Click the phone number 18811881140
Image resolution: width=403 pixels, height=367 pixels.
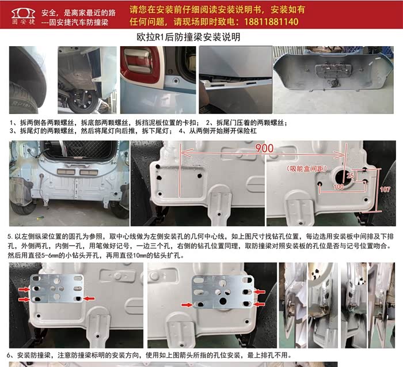pos(271,21)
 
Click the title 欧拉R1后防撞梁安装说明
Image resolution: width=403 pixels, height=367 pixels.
pos(188,37)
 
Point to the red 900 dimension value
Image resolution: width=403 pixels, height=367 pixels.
pos(264,149)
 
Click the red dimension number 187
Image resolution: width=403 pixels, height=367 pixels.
pos(385,190)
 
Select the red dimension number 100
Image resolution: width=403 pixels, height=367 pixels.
pos(339,187)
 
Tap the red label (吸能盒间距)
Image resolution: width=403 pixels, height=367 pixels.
pos(307,169)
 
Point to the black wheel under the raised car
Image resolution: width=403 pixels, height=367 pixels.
pos(83,101)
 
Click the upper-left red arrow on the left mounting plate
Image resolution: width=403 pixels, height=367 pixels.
pos(24,290)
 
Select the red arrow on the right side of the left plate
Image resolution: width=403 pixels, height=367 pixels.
pos(89,298)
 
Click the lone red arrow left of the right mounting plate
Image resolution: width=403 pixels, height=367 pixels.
pos(187,305)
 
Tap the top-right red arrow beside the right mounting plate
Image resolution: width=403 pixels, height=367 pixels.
pos(259,292)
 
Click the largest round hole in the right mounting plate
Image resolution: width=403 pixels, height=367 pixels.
pos(223,301)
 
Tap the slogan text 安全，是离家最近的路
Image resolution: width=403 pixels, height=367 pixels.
pos(79,13)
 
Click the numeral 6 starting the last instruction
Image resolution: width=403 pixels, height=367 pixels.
pos(9,355)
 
